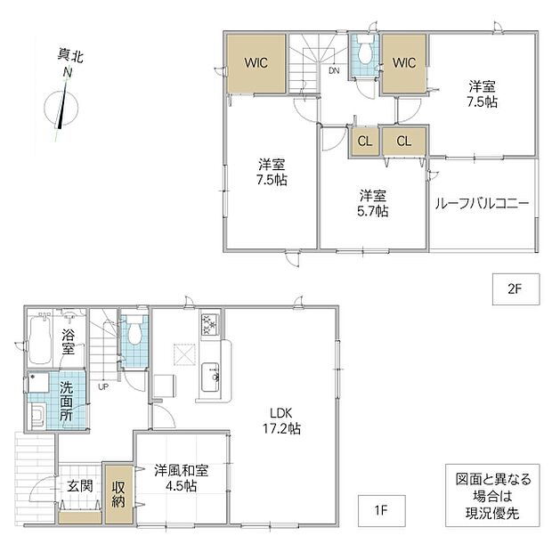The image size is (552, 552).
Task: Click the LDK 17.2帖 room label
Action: point(281,421)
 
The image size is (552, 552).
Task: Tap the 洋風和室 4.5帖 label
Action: point(182,478)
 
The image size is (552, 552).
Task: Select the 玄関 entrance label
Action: point(80,486)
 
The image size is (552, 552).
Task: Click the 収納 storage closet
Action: point(118,494)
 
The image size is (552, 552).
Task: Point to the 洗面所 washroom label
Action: point(66,402)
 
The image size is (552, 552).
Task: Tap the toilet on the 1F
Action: point(134,333)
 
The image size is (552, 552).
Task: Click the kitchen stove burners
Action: point(210,325)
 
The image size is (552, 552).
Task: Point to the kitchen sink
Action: point(210,377)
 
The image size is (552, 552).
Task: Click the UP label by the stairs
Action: point(103,387)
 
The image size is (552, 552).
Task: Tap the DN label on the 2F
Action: point(334,70)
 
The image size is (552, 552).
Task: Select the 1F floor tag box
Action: point(382,510)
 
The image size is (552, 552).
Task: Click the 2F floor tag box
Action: point(515,289)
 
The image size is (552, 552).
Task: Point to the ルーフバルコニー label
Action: point(482,204)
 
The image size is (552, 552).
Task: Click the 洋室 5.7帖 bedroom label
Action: point(372,203)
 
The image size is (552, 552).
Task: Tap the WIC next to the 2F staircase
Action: point(256,63)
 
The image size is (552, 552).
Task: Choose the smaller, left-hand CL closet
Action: point(364,142)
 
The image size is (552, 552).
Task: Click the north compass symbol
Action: point(61,107)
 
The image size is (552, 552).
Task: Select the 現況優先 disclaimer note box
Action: point(492,496)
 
